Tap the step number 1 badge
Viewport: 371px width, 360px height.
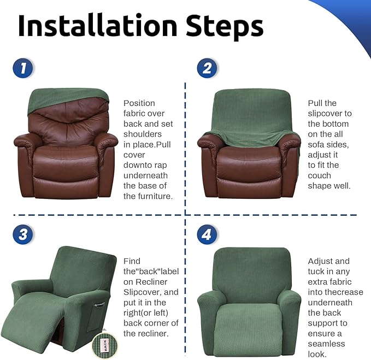[x=23, y=68]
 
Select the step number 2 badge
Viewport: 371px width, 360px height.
[x=207, y=68]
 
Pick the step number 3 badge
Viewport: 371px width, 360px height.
[x=23, y=235]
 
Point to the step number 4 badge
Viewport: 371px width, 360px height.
[x=207, y=235]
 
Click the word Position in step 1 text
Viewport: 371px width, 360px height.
[x=139, y=103]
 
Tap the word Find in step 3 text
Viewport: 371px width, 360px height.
[x=132, y=261]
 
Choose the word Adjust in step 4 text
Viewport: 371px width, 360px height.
[x=321, y=261]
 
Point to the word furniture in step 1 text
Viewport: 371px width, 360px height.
[x=147, y=197]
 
